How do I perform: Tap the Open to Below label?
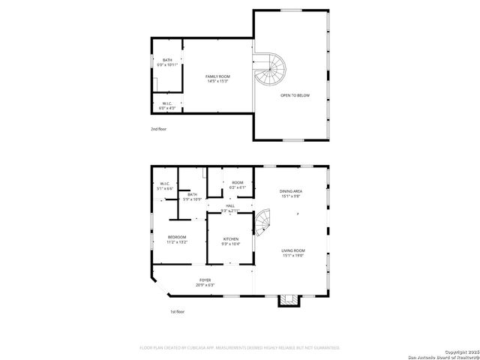tap(295, 96)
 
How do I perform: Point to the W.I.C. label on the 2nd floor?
tap(166, 106)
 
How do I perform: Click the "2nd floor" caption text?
tap(158, 129)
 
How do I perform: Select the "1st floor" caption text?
tap(177, 311)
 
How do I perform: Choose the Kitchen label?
tap(231, 241)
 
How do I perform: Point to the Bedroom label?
tap(176, 240)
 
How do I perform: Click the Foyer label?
tap(205, 282)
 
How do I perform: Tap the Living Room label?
tap(293, 253)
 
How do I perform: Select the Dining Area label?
tap(292, 194)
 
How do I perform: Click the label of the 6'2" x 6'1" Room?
tap(237, 185)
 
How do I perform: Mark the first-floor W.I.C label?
tap(165, 187)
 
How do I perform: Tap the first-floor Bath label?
tap(193, 197)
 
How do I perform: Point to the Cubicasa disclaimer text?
tap(240, 348)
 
